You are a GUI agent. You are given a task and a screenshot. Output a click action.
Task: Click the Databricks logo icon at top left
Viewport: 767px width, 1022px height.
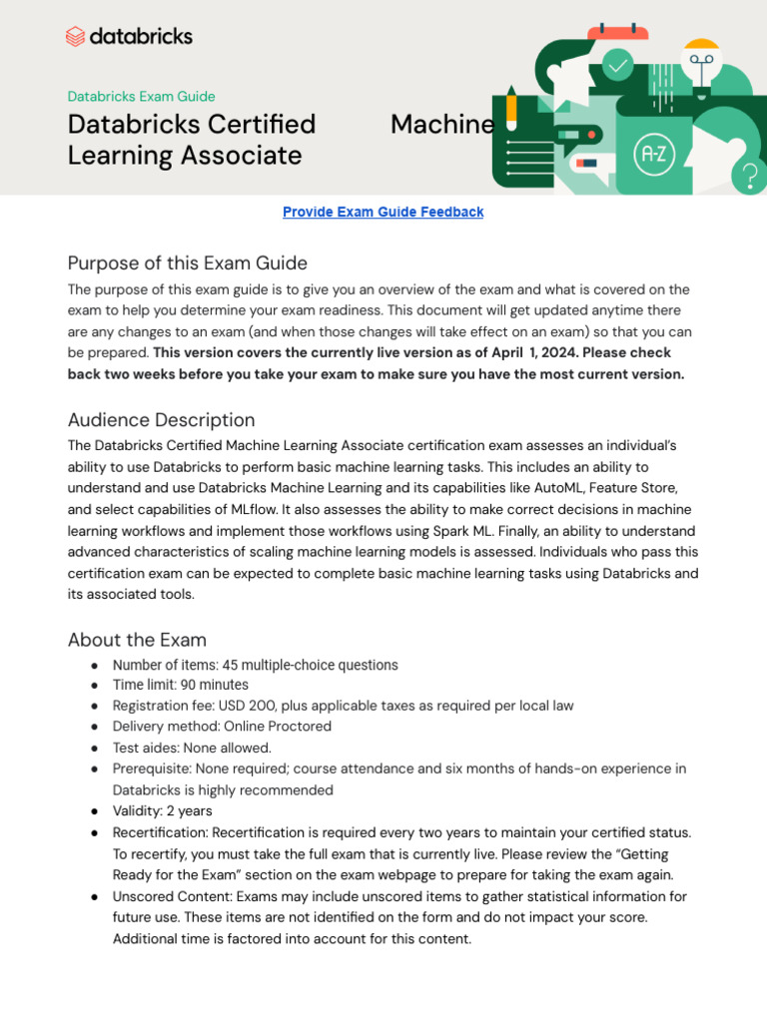pos(76,37)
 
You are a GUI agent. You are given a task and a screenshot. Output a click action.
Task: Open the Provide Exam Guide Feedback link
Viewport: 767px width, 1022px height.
pos(383,213)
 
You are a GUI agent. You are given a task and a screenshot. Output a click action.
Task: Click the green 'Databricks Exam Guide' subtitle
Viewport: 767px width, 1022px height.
pos(141,97)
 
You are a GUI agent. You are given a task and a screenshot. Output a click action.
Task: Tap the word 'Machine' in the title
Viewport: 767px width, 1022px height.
pos(441,125)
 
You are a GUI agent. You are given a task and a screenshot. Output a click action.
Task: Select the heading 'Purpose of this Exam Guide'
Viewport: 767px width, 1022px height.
pos(187,263)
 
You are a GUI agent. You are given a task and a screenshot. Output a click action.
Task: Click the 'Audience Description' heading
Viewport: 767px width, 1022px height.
pos(161,420)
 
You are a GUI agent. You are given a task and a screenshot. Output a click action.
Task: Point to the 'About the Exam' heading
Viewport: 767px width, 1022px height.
pos(137,640)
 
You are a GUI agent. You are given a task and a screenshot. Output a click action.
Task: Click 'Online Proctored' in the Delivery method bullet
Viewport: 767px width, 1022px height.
pos(278,727)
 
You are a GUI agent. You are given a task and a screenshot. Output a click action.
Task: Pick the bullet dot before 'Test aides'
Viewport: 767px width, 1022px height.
pos(94,748)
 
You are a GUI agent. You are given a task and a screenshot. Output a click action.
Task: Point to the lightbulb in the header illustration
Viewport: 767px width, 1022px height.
pos(702,65)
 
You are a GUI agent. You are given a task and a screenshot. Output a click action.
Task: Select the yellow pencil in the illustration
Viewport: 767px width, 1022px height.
pos(511,109)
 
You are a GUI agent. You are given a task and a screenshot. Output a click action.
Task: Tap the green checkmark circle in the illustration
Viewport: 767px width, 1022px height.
pos(618,66)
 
